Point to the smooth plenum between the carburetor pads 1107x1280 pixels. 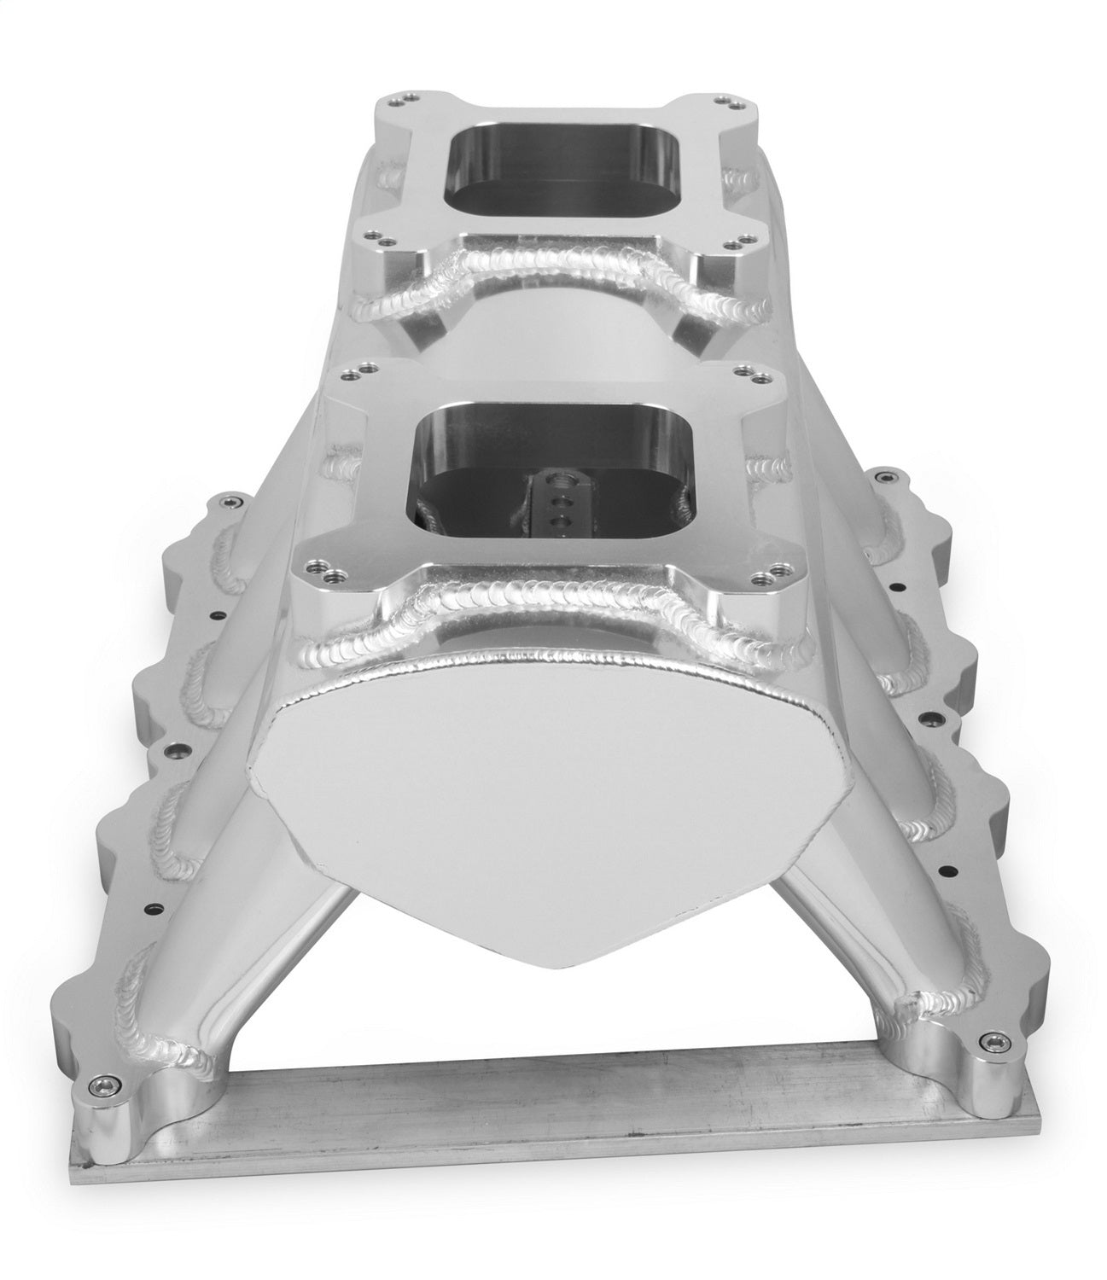tap(546, 341)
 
